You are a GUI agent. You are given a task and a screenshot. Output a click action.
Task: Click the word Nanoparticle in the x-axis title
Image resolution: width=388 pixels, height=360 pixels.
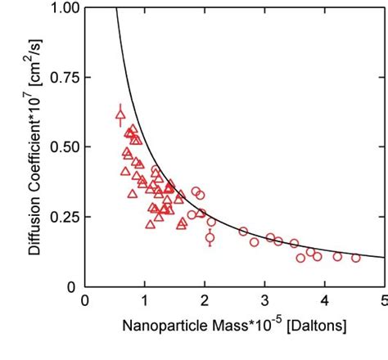coord(163,326)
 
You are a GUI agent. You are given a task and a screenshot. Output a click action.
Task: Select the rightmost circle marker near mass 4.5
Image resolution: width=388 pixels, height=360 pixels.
coord(356,258)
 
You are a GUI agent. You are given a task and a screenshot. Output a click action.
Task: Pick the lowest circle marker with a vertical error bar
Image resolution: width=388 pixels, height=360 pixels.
coord(210,238)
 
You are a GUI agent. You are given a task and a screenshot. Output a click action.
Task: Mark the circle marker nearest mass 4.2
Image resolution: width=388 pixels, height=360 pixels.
coord(337,256)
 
